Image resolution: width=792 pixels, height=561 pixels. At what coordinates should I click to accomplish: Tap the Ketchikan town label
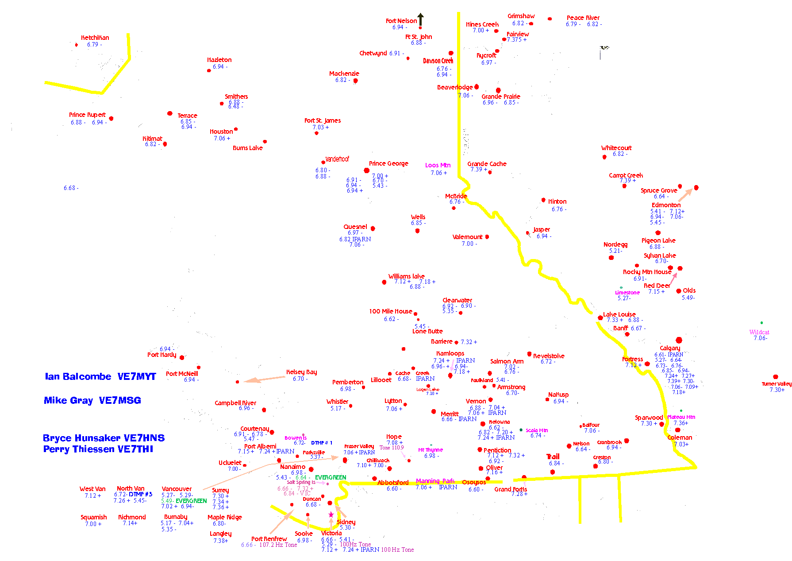pyautogui.click(x=95, y=38)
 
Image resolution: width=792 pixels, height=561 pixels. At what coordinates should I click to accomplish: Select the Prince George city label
pyautogui.click(x=388, y=163)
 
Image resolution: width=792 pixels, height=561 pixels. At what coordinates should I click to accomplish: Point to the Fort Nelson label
pyautogui.click(x=401, y=21)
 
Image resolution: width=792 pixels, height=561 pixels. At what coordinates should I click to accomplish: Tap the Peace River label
pyautogui.click(x=583, y=18)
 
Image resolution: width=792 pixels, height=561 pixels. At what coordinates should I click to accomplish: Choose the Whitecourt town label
pyautogui.click(x=616, y=148)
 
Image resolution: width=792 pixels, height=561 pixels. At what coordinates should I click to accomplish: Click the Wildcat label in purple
pyautogui.click(x=759, y=332)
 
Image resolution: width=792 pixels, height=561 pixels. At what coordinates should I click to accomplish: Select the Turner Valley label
pyautogui.click(x=777, y=384)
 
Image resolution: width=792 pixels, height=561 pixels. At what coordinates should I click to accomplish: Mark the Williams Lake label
pyautogui.click(x=406, y=276)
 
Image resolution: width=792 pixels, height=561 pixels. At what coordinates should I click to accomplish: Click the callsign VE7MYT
pyautogui.click(x=137, y=376)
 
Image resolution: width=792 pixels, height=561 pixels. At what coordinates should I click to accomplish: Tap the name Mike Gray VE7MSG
pyautogui.click(x=92, y=400)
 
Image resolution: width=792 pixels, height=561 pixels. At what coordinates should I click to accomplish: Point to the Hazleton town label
pyautogui.click(x=219, y=60)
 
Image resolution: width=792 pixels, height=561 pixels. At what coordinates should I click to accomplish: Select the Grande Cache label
pyautogui.click(x=487, y=164)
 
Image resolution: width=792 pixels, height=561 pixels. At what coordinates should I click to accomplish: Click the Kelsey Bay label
pyautogui.click(x=302, y=372)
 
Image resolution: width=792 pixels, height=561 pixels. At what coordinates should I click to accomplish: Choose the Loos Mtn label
pyautogui.click(x=438, y=165)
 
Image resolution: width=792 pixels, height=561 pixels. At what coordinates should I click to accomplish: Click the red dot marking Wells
pyautogui.click(x=417, y=230)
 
